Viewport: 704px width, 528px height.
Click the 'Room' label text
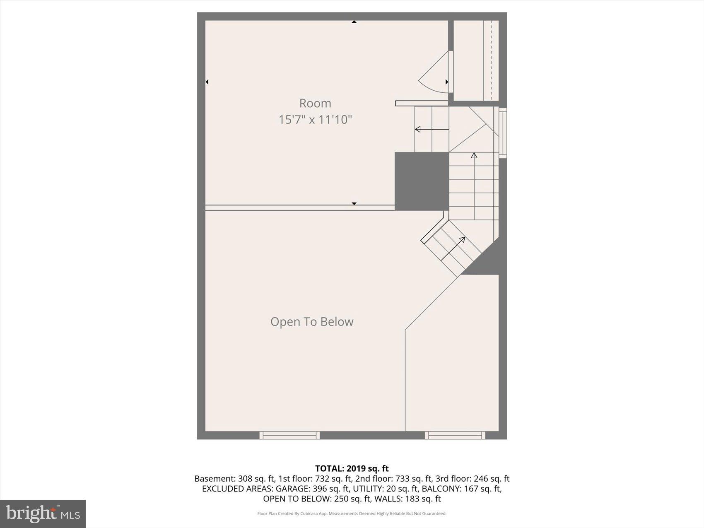[x=315, y=103]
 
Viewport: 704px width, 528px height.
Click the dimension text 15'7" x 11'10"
[x=315, y=120]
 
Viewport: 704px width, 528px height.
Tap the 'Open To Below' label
[x=312, y=322]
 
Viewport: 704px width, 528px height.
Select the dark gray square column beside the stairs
[x=422, y=181]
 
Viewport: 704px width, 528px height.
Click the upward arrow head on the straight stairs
[x=474, y=156]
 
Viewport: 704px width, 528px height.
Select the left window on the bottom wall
[x=289, y=435]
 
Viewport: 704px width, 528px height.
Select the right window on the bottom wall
[x=455, y=435]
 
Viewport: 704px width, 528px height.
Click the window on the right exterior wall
[x=503, y=133]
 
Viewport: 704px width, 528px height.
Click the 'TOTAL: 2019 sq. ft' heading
[x=352, y=468]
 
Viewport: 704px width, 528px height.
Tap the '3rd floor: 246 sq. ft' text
[x=472, y=479]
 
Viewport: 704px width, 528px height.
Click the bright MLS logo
[x=43, y=514]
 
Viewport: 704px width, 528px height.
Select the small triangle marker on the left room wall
[x=207, y=82]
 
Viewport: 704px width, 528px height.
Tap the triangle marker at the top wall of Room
[x=354, y=22]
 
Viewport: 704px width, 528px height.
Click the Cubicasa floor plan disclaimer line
[x=352, y=514]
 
